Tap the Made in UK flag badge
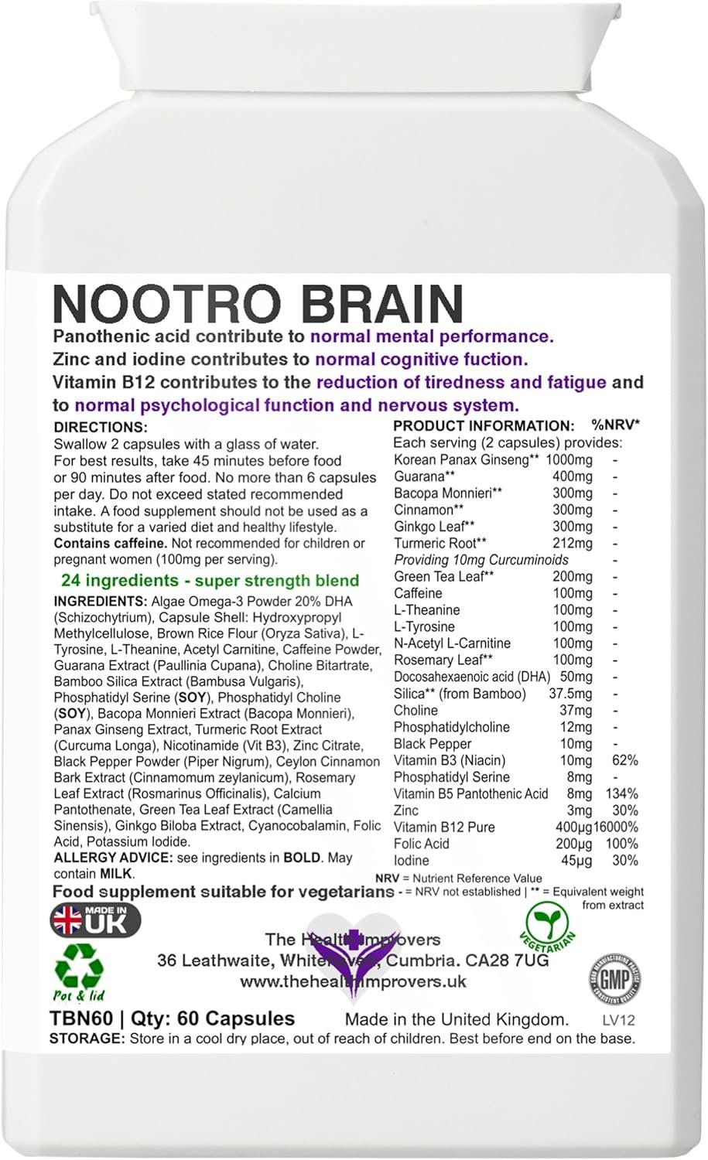(x=95, y=919)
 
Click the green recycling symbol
(x=79, y=967)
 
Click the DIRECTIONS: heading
(x=100, y=427)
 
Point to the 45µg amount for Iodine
(x=576, y=860)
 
